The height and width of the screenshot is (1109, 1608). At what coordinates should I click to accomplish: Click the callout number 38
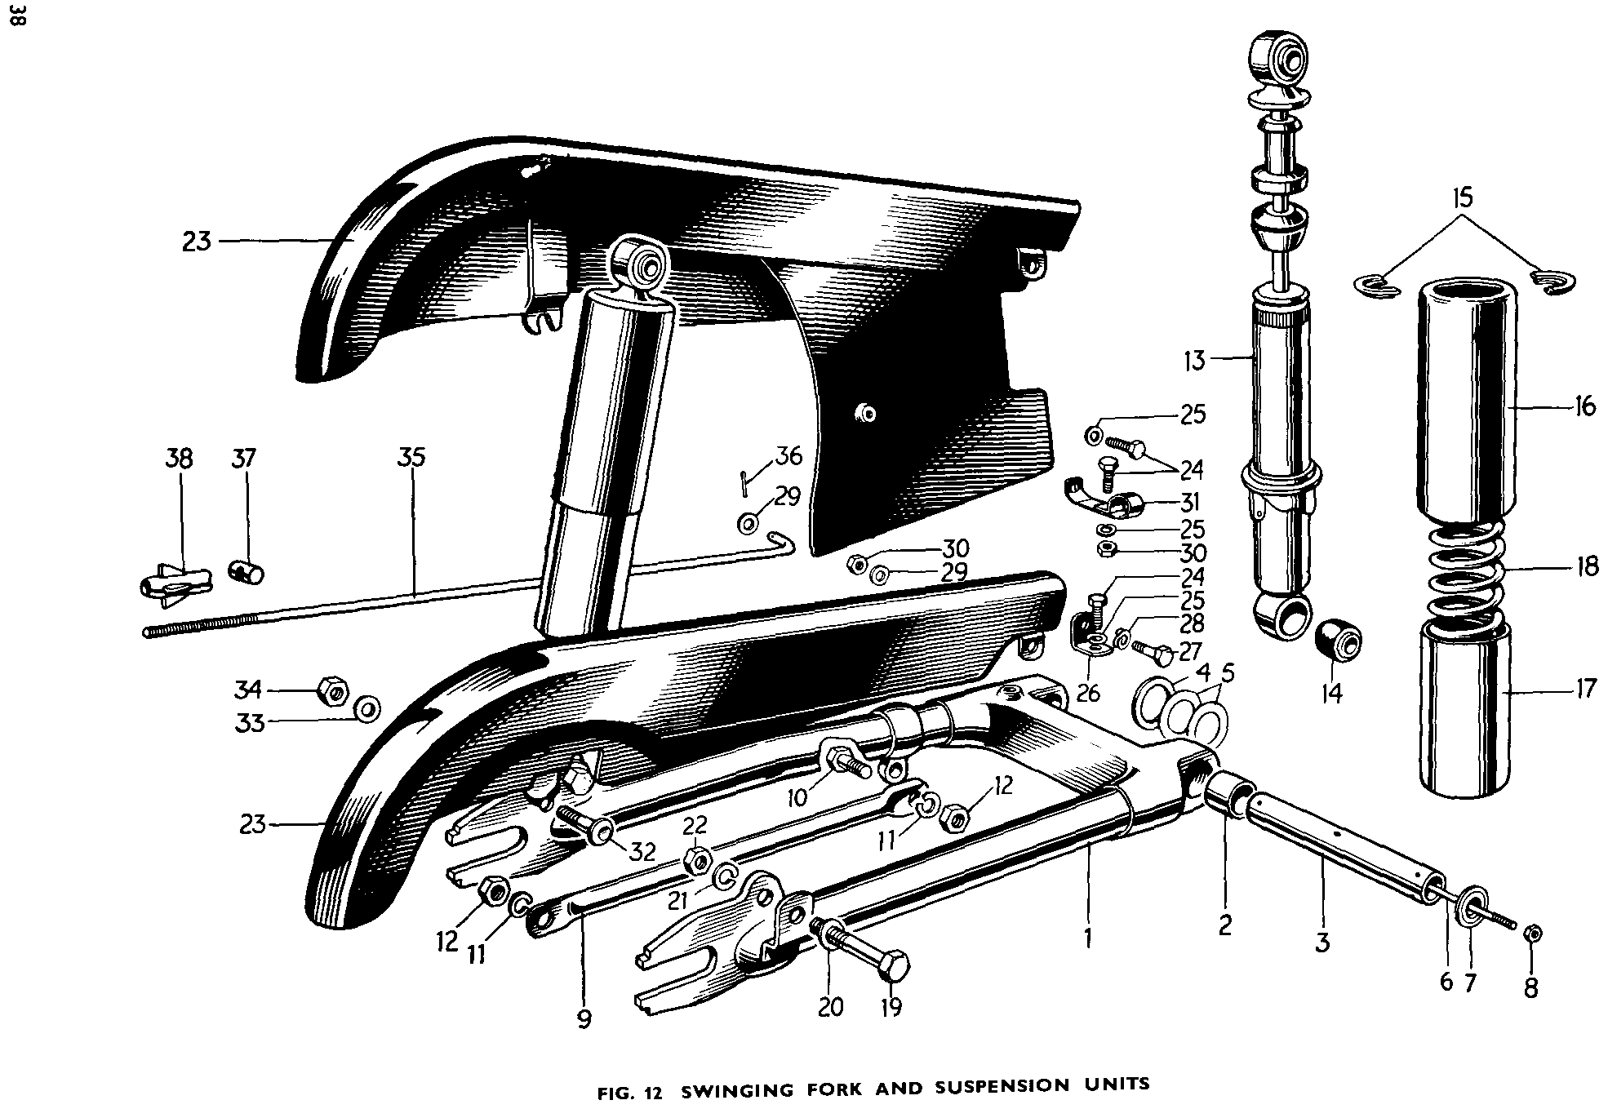point(179,459)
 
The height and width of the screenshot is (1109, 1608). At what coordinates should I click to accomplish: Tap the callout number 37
point(243,459)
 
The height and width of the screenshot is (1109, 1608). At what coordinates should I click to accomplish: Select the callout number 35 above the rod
point(411,457)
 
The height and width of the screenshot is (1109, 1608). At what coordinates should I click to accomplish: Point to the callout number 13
point(1194,360)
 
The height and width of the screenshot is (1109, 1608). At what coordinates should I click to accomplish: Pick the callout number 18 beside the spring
point(1587,566)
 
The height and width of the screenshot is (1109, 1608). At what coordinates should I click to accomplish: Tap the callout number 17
point(1585,690)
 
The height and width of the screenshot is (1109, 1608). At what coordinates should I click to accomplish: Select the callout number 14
point(1331,693)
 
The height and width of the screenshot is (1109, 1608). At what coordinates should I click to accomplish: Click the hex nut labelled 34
point(330,691)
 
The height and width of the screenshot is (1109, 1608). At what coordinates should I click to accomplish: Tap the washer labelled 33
point(366,708)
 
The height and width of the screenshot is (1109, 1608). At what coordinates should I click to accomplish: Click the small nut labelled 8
point(1532,934)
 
